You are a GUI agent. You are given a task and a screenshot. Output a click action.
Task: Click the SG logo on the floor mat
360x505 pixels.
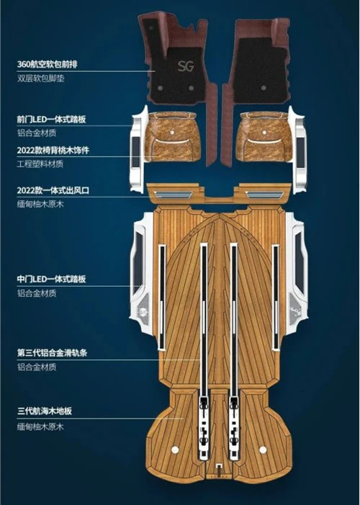click(x=186, y=66)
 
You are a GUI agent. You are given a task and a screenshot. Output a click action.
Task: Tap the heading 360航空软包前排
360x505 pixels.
click(x=47, y=64)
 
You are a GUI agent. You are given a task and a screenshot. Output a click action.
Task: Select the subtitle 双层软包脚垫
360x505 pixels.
click(x=40, y=79)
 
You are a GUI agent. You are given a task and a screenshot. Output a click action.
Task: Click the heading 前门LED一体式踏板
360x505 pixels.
click(x=51, y=119)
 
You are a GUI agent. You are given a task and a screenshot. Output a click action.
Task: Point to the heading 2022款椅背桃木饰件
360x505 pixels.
click(x=53, y=151)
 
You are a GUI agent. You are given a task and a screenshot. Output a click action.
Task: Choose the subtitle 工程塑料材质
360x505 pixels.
click(x=40, y=164)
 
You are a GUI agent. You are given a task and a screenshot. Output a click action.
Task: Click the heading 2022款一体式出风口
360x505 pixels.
click(x=53, y=190)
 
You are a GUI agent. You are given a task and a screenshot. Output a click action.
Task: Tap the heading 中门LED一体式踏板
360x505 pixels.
click(x=51, y=279)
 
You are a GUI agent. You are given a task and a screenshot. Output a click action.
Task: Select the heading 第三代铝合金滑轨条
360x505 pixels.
click(x=52, y=353)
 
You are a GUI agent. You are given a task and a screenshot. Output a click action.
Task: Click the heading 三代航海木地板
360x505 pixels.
click(x=45, y=411)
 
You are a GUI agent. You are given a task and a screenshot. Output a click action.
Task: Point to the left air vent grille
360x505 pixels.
click(x=173, y=195)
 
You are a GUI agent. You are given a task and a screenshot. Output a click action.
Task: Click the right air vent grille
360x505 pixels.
click(x=265, y=195)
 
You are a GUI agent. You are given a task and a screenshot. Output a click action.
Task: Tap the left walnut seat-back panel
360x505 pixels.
click(x=172, y=137)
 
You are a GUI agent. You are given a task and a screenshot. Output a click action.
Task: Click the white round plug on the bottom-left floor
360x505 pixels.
click(x=175, y=450)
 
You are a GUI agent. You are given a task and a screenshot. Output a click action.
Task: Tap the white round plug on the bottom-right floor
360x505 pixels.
click(x=263, y=450)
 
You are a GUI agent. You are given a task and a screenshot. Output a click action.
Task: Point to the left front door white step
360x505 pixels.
click(x=138, y=151)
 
